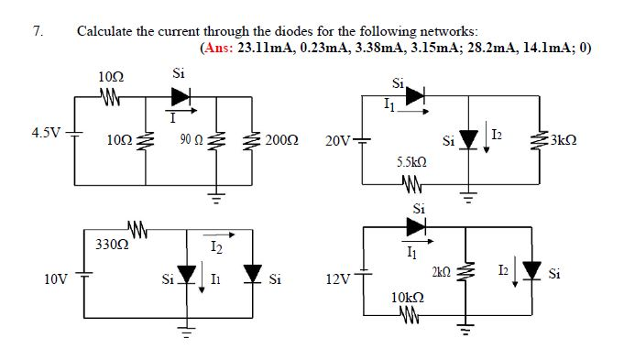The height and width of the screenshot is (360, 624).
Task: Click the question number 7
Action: coord(37,30)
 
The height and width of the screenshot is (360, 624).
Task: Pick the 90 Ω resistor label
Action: coord(192,140)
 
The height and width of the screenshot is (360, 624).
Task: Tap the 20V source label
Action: coord(336,141)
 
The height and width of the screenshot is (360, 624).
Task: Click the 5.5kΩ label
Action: coord(411,160)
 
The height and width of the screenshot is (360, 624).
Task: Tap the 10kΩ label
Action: coord(407,298)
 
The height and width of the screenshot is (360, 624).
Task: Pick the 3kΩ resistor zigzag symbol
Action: coord(540,141)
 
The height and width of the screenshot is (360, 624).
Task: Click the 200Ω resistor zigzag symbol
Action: coord(253,141)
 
